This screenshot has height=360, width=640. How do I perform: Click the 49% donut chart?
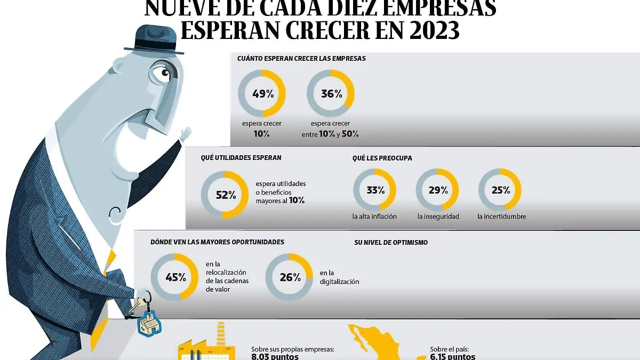[262, 94]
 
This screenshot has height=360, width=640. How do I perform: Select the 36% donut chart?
[331, 94]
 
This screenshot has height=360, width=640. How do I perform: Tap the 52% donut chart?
[225, 195]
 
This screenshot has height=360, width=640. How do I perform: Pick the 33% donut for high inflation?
[375, 190]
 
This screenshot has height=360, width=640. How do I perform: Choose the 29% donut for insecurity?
[437, 190]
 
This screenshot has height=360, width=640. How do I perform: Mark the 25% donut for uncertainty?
[500, 190]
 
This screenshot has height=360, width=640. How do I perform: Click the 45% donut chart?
[174, 277]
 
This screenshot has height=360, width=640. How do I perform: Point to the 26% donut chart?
[289, 277]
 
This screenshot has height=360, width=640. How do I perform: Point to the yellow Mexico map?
[379, 344]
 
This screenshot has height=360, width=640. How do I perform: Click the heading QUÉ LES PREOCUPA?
[382, 158]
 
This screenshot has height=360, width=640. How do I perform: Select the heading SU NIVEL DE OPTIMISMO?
[391, 243]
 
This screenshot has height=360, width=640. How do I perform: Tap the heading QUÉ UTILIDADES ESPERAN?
[241, 158]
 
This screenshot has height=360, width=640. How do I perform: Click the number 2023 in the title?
[426, 30]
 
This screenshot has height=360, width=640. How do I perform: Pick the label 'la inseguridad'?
[438, 217]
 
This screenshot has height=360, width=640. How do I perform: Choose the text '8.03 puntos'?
[275, 357]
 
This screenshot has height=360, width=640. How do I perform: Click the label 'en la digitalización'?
[339, 277]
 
